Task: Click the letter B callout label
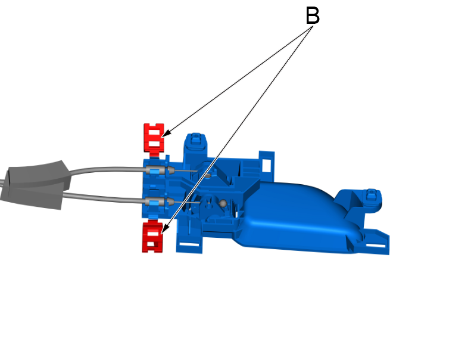[313, 16]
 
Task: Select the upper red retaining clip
[154, 137]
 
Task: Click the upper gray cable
[107, 169]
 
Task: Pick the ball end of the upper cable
[208, 175]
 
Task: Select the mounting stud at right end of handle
[370, 197]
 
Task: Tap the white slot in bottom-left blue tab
[190, 245]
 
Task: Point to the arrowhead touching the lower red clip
[163, 230]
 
